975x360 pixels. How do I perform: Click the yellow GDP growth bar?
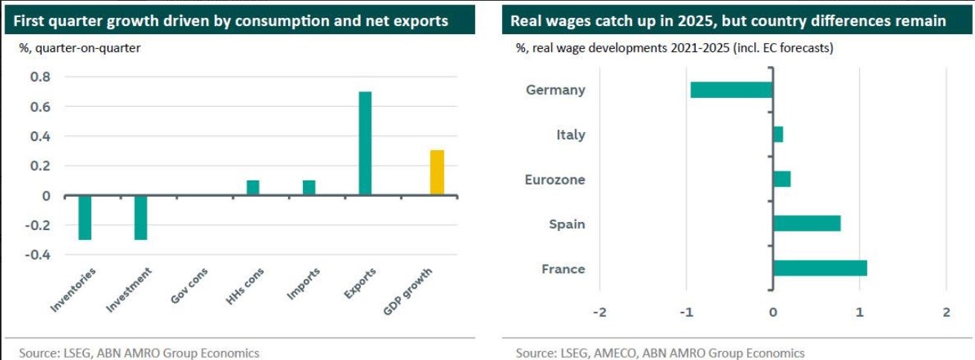click(437, 173)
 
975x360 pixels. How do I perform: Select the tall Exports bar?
click(365, 143)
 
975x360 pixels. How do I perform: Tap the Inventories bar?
click(85, 217)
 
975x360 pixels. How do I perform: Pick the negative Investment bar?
click(141, 217)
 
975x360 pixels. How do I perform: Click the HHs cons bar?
click(252, 188)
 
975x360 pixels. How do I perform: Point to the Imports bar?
click(309, 188)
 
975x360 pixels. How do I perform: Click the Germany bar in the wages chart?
click(731, 90)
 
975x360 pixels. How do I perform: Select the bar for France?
click(820, 268)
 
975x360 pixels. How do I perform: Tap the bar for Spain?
click(806, 223)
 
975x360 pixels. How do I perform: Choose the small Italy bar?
click(778, 134)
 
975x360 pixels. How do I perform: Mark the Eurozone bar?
click(782, 179)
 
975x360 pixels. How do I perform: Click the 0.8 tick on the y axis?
click(40, 77)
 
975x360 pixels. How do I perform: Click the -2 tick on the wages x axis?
click(599, 312)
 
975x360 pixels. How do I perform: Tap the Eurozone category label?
click(555, 180)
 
